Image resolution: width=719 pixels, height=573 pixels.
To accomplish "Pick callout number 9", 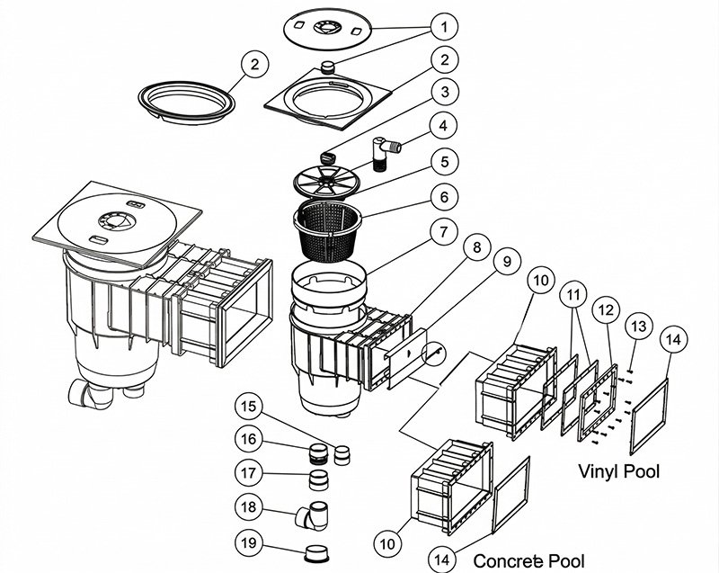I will pyautogui.click(x=506, y=262).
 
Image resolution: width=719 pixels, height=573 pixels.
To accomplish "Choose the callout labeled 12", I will pyautogui.click(x=607, y=309).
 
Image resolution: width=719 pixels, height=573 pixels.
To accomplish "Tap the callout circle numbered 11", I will pyautogui.click(x=573, y=295).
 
